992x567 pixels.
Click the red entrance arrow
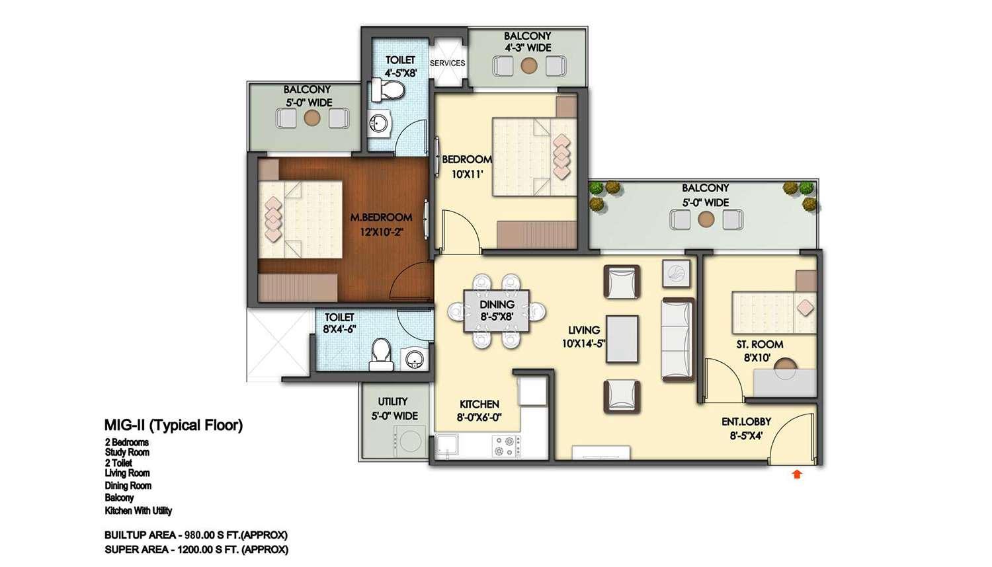pyautogui.click(x=797, y=474)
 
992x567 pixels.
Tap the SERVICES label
pyautogui.click(x=447, y=63)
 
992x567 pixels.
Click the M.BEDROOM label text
pyautogui.click(x=381, y=217)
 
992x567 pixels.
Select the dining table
pyautogui.click(x=497, y=311)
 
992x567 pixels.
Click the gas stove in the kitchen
pyautogui.click(x=507, y=446)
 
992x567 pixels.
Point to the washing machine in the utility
pyautogui.click(x=409, y=441)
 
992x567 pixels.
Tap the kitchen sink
pyautogui.click(x=446, y=445)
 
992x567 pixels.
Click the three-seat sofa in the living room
pyautogui.click(x=678, y=339)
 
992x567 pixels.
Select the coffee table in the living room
pyautogui.click(x=622, y=339)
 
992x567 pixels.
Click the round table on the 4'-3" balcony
pyautogui.click(x=529, y=66)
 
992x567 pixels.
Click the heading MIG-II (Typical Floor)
pyautogui.click(x=173, y=426)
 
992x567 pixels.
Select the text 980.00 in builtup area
pyautogui.click(x=200, y=535)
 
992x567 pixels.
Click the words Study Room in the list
pyautogui.click(x=127, y=453)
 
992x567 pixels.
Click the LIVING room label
pyautogui.click(x=584, y=330)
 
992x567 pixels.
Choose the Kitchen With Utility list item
pyautogui.click(x=138, y=511)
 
